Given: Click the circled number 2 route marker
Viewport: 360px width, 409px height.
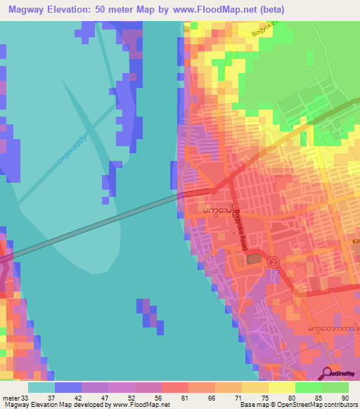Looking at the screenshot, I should [x=274, y=261].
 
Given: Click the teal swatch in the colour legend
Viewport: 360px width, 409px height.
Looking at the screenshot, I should [x=41, y=387].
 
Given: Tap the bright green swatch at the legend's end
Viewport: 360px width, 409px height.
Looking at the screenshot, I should [x=335, y=387].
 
